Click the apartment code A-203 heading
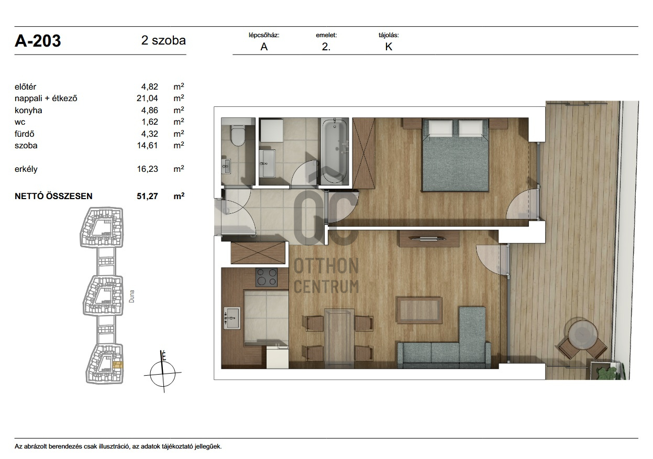pos(38,41)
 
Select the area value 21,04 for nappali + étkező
pos(147,99)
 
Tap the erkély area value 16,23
pos(148,169)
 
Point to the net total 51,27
pos(148,196)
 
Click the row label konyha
pos(28,110)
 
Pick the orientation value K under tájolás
pos(389,47)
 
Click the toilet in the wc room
pos(237,135)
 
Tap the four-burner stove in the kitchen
pos(267,277)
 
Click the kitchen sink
pos(232,318)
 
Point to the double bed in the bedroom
pos(456,155)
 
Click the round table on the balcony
pos(583,334)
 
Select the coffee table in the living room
pos(419,310)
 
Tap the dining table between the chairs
pos(339,338)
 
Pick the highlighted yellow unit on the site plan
pos(118,365)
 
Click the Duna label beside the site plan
pos(132,296)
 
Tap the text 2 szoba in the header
pos(163,40)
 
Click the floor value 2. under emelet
pos(326,47)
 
